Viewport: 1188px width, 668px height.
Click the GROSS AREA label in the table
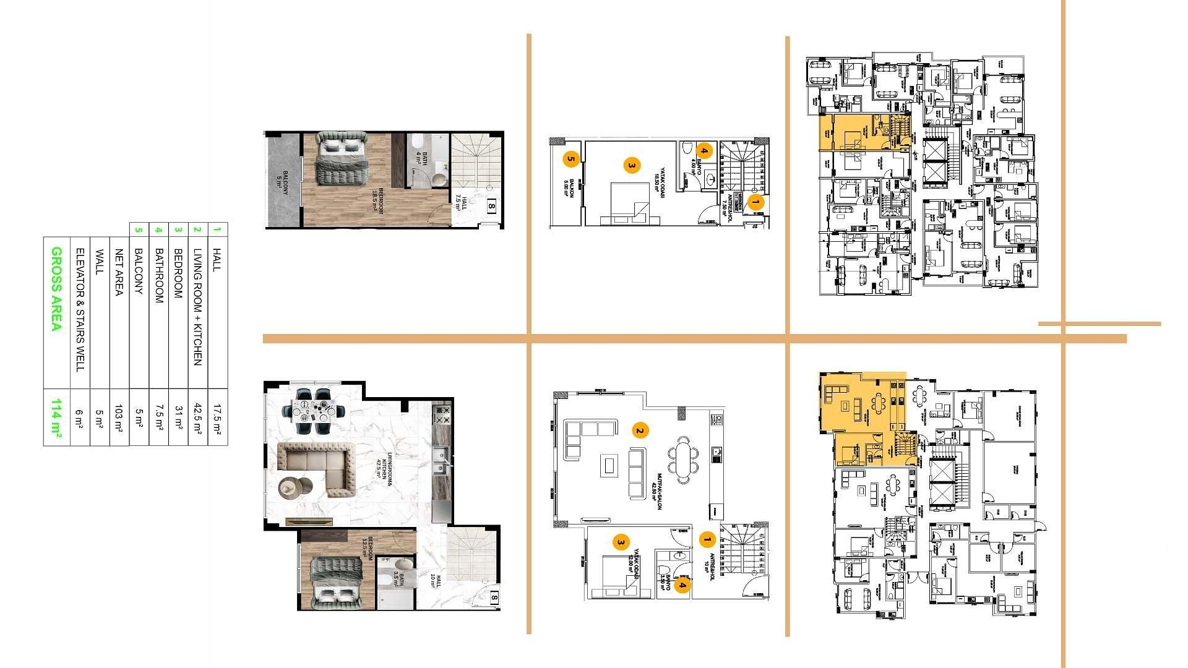click(56, 289)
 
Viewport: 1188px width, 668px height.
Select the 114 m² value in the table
click(56, 417)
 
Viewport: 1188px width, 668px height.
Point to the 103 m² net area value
click(119, 417)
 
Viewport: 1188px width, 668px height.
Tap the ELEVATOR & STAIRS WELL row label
click(79, 310)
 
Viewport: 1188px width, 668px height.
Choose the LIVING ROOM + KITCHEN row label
click(197, 307)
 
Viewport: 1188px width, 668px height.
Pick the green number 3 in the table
click(178, 229)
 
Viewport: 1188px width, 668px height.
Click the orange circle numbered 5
click(570, 160)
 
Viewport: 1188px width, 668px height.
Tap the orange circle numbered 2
click(640, 431)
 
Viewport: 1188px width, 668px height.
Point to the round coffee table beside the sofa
click(291, 488)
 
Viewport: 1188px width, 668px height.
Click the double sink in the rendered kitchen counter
click(440, 459)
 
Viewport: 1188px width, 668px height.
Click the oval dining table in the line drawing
click(682, 459)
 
